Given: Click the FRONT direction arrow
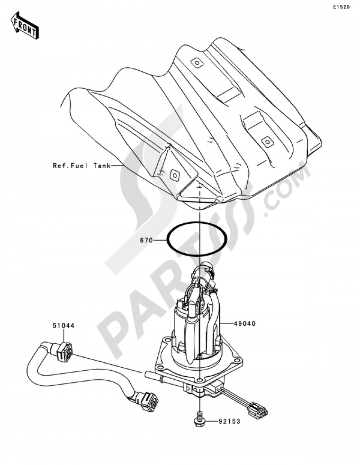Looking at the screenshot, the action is point(25,25).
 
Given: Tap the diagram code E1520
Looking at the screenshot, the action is point(341,7).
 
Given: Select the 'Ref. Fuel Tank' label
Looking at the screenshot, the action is point(82,166).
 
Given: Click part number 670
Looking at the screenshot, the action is point(147,241).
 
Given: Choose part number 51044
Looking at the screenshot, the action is point(64,332).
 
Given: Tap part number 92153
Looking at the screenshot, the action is point(229,421).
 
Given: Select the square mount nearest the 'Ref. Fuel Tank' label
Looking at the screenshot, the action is point(175,175).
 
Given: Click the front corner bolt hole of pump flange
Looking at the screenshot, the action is point(200,379).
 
